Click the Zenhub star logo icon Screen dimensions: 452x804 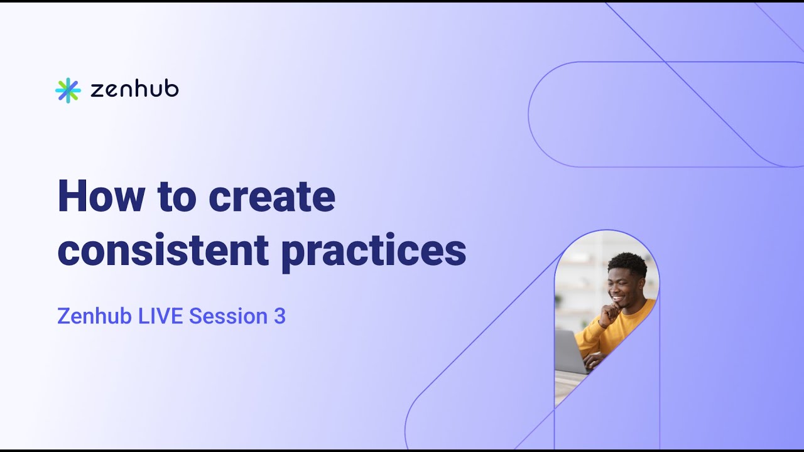pyautogui.click(x=68, y=90)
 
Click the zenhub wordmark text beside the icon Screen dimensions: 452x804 pyautogui.click(x=134, y=90)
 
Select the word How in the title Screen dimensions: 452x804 pyautogui.click(x=101, y=196)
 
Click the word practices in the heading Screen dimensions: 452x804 pyautogui.click(x=373, y=251)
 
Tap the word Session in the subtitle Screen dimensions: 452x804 pyautogui.click(x=228, y=316)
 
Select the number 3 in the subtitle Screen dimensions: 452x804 pyautogui.click(x=280, y=316)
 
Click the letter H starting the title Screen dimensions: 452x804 pyautogui.click(x=71, y=196)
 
